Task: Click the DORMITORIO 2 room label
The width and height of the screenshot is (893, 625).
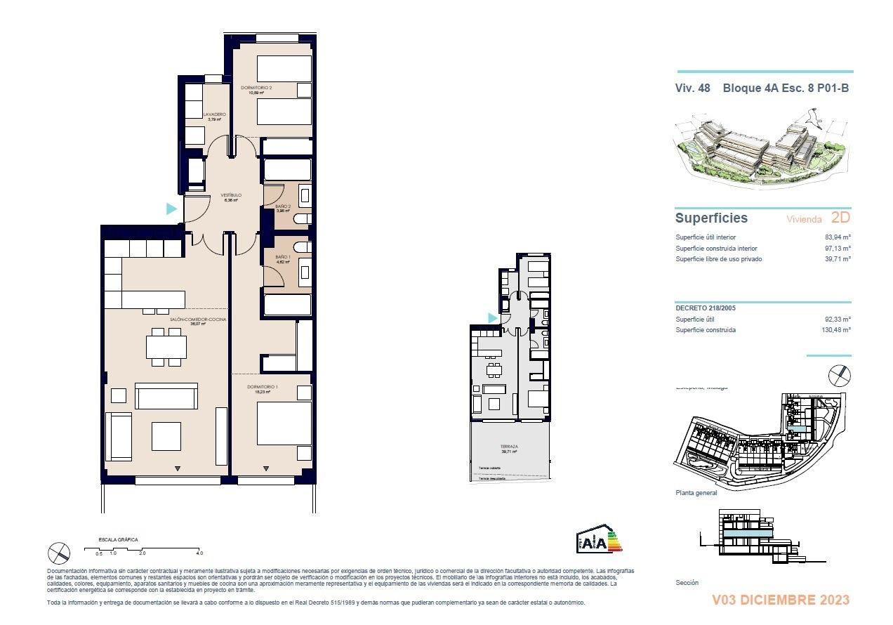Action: click(x=256, y=88)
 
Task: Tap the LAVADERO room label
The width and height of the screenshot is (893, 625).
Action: click(x=214, y=114)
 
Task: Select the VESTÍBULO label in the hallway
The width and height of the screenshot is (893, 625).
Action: click(x=232, y=195)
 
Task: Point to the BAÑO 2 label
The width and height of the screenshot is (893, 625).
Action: click(x=282, y=206)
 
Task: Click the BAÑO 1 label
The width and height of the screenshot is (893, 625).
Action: click(x=282, y=258)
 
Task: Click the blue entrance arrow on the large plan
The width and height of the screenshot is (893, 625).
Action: click(x=171, y=209)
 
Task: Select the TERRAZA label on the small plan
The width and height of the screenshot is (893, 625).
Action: click(x=509, y=447)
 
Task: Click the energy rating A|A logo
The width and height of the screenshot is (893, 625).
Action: click(x=599, y=541)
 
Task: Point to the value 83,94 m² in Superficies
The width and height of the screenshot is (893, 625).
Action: click(x=837, y=237)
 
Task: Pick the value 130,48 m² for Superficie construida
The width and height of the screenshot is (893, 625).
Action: click(x=835, y=330)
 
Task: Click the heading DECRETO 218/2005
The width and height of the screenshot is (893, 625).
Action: click(x=706, y=308)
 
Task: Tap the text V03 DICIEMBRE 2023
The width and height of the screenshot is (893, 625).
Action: click(x=780, y=600)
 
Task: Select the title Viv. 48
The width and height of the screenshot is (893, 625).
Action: click(x=693, y=88)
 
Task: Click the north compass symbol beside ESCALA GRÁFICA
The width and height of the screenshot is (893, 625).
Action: click(x=59, y=553)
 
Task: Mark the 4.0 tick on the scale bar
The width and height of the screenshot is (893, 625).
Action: click(x=199, y=553)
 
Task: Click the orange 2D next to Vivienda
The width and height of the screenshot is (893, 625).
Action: click(x=840, y=218)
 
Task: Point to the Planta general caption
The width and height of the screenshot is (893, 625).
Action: click(x=696, y=493)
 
